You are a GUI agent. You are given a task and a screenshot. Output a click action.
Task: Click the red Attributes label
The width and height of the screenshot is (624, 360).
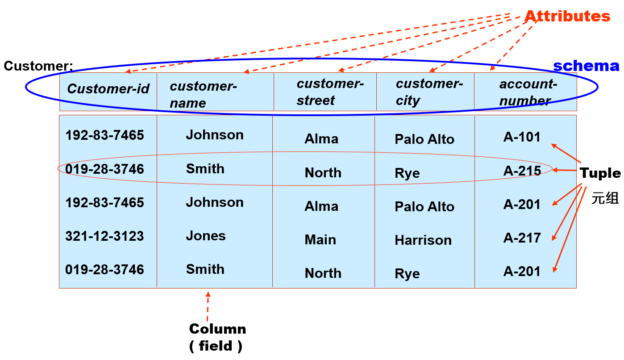point(567,17)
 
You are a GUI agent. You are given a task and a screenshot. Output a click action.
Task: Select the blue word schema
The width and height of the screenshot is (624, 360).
point(586,66)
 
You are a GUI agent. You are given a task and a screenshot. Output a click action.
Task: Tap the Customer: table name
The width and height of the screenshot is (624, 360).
point(38,66)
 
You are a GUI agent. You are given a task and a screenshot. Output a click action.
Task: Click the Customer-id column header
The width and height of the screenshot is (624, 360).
point(108,88)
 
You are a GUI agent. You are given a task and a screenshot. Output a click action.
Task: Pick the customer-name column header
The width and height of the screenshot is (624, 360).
point(203,94)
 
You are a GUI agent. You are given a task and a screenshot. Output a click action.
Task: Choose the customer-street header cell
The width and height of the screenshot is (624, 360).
point(330,92)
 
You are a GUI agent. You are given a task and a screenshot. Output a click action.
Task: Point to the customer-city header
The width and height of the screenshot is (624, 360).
point(429,92)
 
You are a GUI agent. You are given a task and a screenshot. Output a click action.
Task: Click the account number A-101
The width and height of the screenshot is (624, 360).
point(522,137)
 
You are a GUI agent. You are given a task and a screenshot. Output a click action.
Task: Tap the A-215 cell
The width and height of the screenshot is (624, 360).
point(522,171)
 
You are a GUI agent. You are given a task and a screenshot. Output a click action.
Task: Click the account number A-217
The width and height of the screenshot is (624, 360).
point(522,238)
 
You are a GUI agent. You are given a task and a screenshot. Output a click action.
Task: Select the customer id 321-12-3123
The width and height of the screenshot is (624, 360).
point(104,236)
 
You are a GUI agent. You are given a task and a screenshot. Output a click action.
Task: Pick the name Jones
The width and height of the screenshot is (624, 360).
point(206,236)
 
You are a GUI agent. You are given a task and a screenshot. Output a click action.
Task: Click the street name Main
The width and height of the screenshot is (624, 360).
point(320,240)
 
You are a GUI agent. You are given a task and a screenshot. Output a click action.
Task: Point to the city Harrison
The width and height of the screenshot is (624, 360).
point(423,240)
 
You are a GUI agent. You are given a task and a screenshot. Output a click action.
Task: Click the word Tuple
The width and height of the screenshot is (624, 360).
point(600,173)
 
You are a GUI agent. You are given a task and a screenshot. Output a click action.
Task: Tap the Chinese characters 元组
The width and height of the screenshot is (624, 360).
point(605,198)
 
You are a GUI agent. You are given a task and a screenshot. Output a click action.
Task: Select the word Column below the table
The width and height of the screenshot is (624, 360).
point(217,329)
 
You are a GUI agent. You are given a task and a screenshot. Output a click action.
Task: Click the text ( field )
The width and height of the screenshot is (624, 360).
point(216,346)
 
